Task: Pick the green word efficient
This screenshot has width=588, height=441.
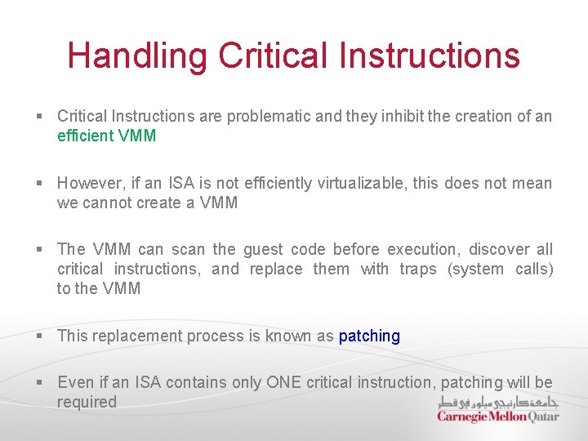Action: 86,136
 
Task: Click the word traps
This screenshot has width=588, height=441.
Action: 419,269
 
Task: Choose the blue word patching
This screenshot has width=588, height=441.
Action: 369,336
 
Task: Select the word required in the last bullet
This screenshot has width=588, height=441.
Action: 87,402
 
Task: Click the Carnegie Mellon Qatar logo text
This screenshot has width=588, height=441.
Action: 497,416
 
